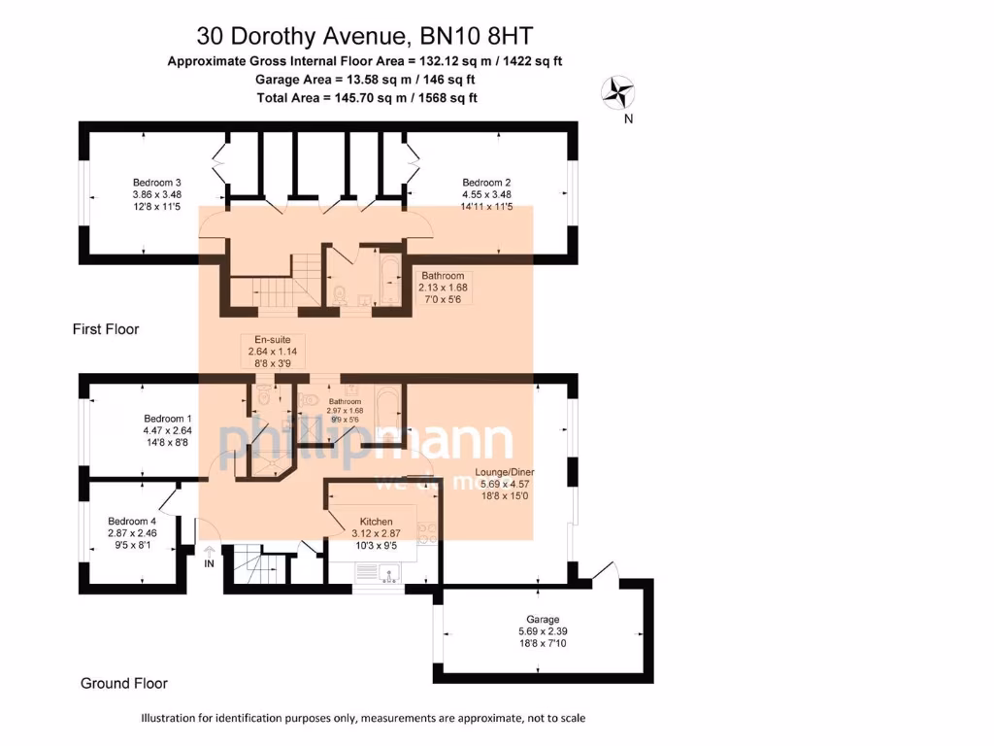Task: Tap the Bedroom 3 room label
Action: [157, 183]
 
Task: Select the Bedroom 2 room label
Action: [486, 183]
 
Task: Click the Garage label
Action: [543, 620]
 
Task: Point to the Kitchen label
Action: [376, 522]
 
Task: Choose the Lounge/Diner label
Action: [504, 473]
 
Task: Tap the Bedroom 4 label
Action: [131, 520]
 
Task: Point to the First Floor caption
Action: [106, 329]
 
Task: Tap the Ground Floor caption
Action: [123, 684]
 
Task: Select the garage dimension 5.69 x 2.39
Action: [543, 632]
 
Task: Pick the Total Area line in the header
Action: [366, 98]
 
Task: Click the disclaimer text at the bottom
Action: [363, 719]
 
